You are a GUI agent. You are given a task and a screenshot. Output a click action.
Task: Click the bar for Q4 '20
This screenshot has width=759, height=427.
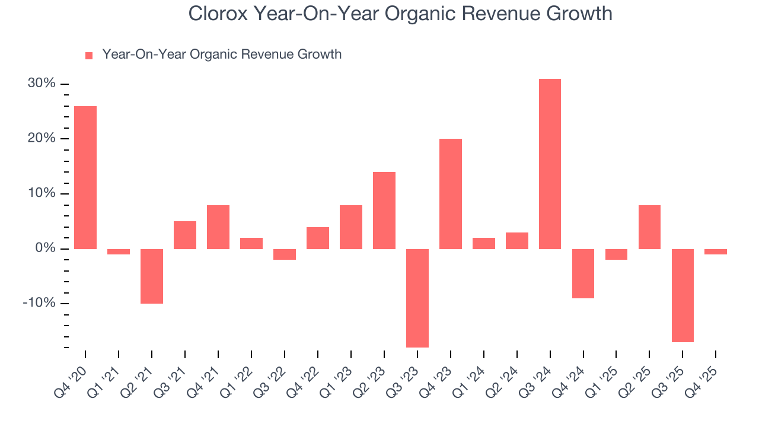click(85, 177)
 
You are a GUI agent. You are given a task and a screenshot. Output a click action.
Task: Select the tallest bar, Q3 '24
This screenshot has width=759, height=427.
click(550, 164)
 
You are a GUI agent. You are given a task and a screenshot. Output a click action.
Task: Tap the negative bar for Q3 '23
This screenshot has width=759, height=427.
click(417, 298)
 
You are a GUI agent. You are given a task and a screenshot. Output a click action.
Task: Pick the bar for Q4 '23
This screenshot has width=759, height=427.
click(450, 193)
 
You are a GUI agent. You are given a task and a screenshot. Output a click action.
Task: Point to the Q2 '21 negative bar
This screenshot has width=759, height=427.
click(152, 276)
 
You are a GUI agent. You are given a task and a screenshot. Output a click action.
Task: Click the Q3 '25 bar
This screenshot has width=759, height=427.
click(683, 295)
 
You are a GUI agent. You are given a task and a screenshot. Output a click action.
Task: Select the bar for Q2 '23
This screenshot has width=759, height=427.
click(384, 210)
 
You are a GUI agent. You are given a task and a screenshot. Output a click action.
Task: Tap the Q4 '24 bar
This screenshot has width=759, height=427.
click(583, 273)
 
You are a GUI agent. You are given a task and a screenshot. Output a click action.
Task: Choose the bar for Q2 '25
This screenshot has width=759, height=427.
click(649, 227)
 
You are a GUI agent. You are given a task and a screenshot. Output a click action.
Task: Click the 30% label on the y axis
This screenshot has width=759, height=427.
click(42, 84)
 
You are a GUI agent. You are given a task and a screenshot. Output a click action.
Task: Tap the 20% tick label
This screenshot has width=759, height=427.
click(42, 139)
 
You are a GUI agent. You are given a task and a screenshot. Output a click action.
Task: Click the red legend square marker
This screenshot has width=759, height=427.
click(89, 55)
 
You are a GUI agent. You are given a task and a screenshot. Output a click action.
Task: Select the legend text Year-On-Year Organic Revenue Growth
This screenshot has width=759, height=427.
click(222, 55)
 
